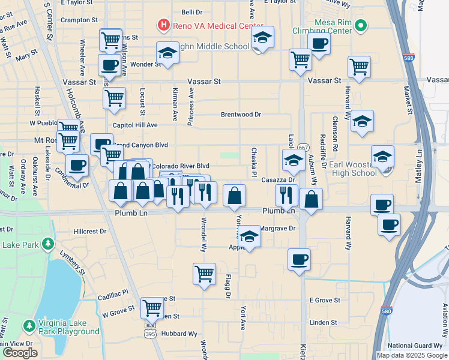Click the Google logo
point(20,353)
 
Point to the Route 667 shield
point(303,148)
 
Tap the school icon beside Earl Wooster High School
point(382,158)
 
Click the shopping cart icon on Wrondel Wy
point(204,274)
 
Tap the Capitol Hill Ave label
point(135,125)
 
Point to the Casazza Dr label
point(277,179)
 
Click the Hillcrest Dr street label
point(89,230)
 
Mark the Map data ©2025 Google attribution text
point(411,355)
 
